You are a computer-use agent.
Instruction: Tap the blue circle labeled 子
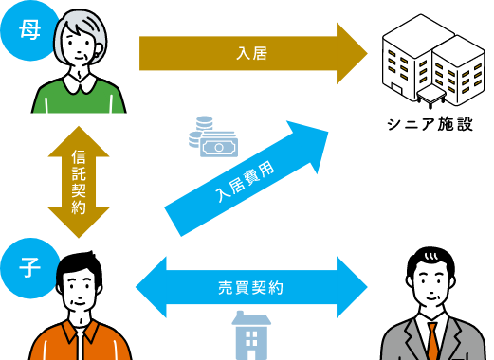coord(28,268)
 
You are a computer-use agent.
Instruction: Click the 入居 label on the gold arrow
coord(251,53)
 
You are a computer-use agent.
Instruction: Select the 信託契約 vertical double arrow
coord(79,181)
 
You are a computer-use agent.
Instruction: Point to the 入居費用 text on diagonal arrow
coord(244,181)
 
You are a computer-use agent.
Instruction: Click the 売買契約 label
coord(250,287)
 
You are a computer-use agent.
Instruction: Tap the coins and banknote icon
coord(212,138)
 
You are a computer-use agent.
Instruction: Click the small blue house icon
coord(250,335)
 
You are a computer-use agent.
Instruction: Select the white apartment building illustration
coord(432,57)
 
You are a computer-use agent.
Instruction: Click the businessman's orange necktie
coord(432,340)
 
